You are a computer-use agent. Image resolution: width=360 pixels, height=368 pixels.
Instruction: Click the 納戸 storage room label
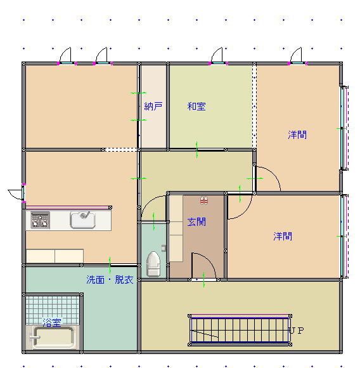click(x=153, y=107)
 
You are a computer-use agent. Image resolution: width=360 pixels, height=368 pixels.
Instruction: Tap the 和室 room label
click(x=196, y=107)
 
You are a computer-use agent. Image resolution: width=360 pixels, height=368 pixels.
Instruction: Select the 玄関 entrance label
click(x=196, y=222)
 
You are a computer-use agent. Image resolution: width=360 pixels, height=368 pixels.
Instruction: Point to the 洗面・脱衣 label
click(x=110, y=280)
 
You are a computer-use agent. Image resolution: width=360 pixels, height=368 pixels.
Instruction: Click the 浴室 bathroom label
click(x=52, y=322)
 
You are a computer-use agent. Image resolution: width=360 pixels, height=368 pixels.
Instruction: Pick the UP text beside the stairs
click(x=296, y=331)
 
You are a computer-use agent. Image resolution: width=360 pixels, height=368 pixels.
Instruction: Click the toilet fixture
click(x=153, y=264)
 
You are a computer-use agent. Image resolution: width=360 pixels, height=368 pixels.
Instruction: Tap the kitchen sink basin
click(x=83, y=220)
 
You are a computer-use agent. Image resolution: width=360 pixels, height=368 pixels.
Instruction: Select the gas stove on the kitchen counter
click(x=40, y=220)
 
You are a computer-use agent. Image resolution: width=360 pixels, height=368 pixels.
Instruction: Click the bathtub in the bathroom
click(x=54, y=337)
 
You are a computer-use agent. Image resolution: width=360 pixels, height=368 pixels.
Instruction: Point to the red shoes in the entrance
click(x=204, y=200)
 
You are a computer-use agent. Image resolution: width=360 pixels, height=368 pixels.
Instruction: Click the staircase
click(x=240, y=330)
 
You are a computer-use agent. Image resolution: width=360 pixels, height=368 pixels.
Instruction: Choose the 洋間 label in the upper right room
click(x=297, y=135)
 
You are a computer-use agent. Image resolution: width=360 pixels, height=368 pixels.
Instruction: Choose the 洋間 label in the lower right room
click(x=283, y=236)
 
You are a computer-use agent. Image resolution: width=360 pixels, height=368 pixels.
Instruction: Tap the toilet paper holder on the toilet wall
click(x=164, y=248)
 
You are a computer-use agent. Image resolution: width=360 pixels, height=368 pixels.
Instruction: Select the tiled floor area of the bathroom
click(x=52, y=310)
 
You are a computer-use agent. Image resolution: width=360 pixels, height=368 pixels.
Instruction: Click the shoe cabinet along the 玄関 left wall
click(x=176, y=228)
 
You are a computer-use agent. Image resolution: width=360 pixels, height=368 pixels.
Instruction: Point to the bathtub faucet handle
click(x=34, y=338)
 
